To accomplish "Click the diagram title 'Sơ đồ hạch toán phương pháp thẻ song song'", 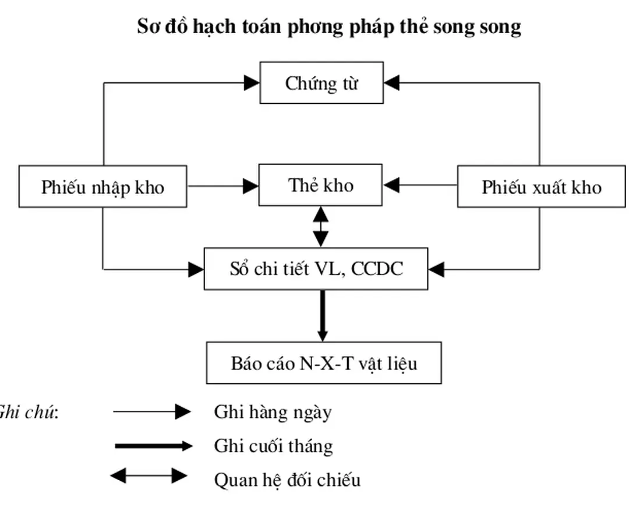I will tap(329, 27).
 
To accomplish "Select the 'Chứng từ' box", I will tap(321, 83).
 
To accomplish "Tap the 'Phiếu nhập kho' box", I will tap(103, 187).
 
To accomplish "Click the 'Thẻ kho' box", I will tap(320, 185).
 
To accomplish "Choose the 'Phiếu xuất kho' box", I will tap(541, 187).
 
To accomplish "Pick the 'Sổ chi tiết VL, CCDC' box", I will tap(316, 269).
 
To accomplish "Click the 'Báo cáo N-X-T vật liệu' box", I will tap(324, 363).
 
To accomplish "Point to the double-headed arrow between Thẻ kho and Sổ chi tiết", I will tap(321, 227).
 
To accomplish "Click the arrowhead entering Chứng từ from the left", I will tap(252, 83).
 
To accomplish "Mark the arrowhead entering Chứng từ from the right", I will tap(392, 83).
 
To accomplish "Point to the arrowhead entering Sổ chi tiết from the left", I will tap(196, 269).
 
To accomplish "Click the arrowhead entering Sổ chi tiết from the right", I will tap(436, 269).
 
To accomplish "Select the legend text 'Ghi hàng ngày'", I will tap(273, 413).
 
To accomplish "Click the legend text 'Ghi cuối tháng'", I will tap(273, 446).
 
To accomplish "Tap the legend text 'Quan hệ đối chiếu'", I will tap(287, 480).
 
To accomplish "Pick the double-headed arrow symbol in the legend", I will tap(149, 476).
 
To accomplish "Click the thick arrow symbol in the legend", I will tap(153, 446).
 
